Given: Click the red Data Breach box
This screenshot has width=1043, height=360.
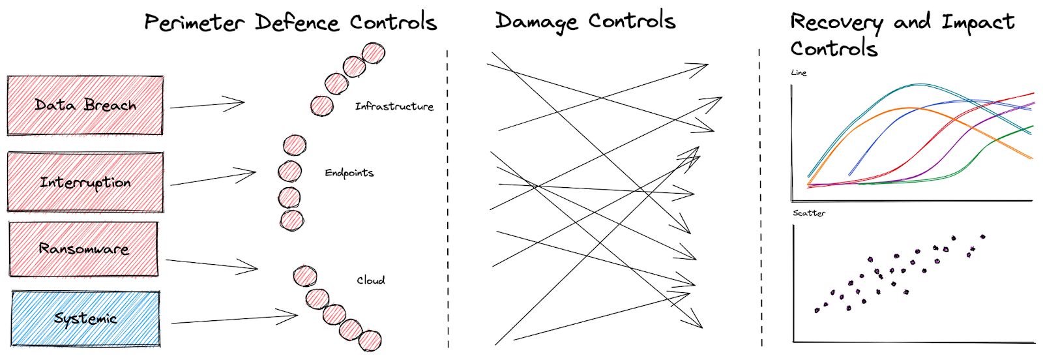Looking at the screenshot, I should pyautogui.click(x=85, y=106).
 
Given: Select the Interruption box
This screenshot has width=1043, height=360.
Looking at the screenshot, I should pyautogui.click(x=85, y=182).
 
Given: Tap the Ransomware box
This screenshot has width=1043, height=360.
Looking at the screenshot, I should pyautogui.click(x=83, y=248).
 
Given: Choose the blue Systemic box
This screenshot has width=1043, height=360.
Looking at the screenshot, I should pyautogui.click(x=85, y=318).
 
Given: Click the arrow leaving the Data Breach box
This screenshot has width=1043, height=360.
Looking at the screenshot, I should pyautogui.click(x=207, y=104).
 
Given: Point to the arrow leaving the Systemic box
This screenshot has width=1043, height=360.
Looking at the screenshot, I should pyautogui.click(x=235, y=319).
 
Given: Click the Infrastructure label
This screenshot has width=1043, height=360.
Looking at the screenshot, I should pyautogui.click(x=394, y=106).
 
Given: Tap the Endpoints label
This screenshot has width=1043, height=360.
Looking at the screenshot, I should pyautogui.click(x=349, y=173).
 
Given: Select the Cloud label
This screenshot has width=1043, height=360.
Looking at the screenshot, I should pyautogui.click(x=370, y=280).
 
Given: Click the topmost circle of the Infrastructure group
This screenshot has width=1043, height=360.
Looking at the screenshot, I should pyautogui.click(x=373, y=53).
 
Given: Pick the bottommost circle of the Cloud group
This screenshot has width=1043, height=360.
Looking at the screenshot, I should pyautogui.click(x=370, y=341).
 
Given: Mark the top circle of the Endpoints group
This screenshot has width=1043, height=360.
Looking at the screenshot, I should pyautogui.click(x=295, y=145).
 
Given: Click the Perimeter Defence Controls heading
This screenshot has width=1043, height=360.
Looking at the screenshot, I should pyautogui.click(x=290, y=23).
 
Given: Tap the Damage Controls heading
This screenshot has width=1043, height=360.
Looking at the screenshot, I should pyautogui.click(x=585, y=22).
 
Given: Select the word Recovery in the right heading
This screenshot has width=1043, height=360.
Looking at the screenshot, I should pyautogui.click(x=836, y=23).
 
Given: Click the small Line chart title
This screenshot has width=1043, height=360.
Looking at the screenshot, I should pyautogui.click(x=799, y=72).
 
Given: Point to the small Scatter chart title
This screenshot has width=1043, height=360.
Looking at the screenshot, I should pyautogui.click(x=809, y=213).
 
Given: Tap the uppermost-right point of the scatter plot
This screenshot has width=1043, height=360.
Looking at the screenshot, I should pyautogui.click(x=982, y=237).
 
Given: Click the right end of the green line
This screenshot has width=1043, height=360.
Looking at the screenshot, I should pyautogui.click(x=1032, y=127).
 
